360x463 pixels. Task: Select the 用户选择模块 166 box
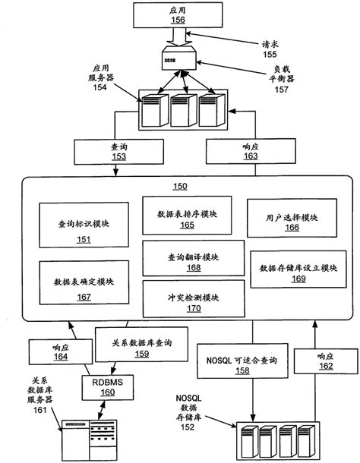(291, 220)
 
